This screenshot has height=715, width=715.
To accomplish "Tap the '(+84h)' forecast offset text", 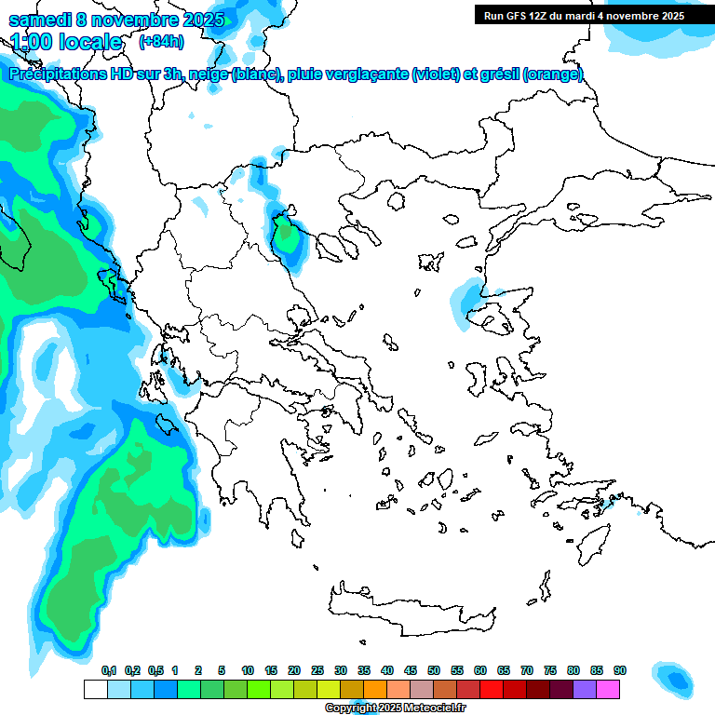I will click(x=161, y=41).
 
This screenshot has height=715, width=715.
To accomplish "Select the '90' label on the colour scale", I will click(x=619, y=671).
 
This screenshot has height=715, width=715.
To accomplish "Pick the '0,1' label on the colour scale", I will click(x=109, y=671).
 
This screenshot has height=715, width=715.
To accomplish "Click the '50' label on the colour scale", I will click(x=433, y=671).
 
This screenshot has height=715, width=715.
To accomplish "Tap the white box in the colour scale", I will click(x=95, y=689).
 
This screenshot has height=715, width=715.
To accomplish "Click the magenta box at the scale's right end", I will click(x=608, y=689).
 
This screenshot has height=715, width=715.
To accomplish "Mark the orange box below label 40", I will click(x=375, y=689).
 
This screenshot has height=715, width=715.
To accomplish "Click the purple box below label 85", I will click(x=585, y=689).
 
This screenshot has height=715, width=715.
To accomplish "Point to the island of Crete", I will click(x=410, y=610).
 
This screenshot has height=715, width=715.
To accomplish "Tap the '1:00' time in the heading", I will click(x=35, y=42).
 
